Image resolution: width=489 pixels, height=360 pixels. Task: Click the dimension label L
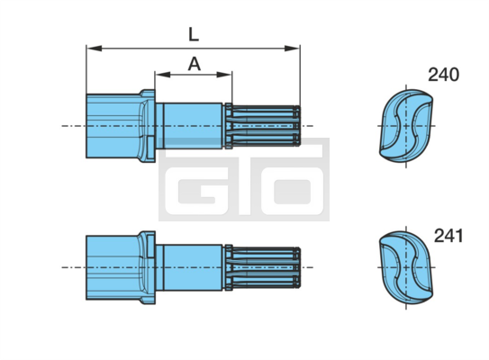(x=194, y=34)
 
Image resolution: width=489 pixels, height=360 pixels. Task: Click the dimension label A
(x=194, y=64)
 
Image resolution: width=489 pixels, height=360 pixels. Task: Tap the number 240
(x=443, y=75)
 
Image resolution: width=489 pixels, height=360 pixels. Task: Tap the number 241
(x=448, y=236)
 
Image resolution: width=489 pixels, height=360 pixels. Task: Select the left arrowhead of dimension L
(x=95, y=49)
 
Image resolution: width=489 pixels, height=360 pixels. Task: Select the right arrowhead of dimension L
(x=292, y=49)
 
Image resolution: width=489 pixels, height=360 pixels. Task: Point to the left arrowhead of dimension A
(x=163, y=75)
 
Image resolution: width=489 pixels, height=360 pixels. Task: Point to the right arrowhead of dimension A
(x=224, y=75)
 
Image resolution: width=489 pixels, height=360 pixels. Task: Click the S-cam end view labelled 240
(x=406, y=126)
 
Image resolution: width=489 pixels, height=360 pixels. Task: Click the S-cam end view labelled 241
(x=406, y=267)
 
